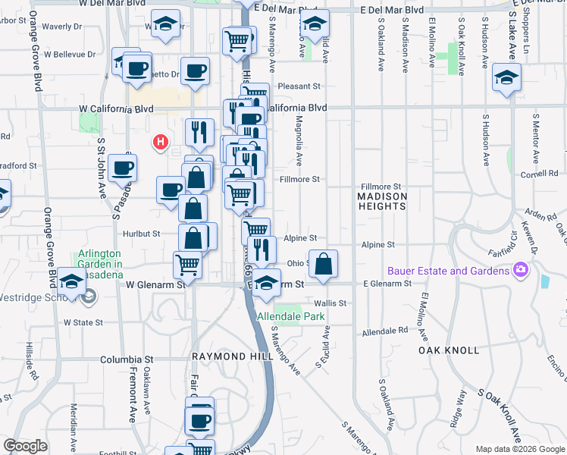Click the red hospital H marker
[x=160, y=141]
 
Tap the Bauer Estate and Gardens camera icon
[x=520, y=270]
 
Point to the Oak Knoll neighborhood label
[x=449, y=350]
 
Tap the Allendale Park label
[x=290, y=316]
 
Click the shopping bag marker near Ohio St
[x=324, y=264]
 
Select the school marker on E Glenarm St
[x=266, y=283]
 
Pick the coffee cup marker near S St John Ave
[x=122, y=168]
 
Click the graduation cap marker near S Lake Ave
[x=506, y=77]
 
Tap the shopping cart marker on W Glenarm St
[x=187, y=265]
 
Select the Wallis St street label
[x=332, y=303]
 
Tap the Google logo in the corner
[x=26, y=446]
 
